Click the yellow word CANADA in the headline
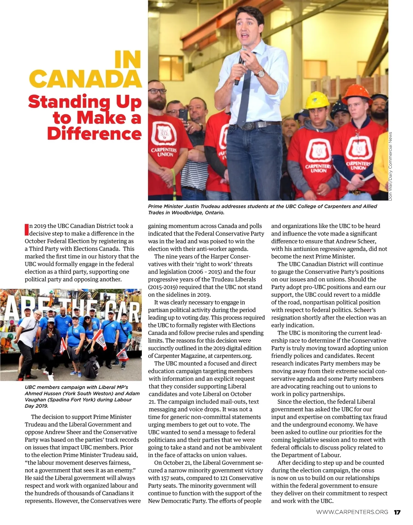point(85,79)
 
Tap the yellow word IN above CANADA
point(128,59)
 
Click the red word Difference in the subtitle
point(94,133)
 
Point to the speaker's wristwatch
point(261,73)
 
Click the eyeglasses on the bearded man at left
point(158,91)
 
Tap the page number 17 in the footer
point(397,512)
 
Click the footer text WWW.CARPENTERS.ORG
point(352,512)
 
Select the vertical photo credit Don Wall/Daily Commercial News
point(390,166)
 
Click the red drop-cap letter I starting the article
point(27,229)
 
